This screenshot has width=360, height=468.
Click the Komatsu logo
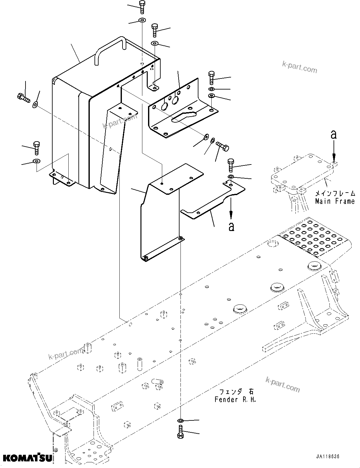(x=28, y=457)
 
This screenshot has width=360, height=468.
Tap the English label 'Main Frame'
(x=334, y=201)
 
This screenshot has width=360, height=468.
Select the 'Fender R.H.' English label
(x=235, y=400)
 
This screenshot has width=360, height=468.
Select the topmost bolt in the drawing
(x=142, y=7)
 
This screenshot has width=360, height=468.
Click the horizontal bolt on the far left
(x=23, y=97)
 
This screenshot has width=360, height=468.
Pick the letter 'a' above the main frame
(x=334, y=135)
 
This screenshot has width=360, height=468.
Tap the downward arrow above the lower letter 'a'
(x=231, y=211)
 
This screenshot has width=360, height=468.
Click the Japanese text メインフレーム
(x=335, y=193)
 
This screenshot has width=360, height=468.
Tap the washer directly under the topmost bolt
(x=142, y=21)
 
